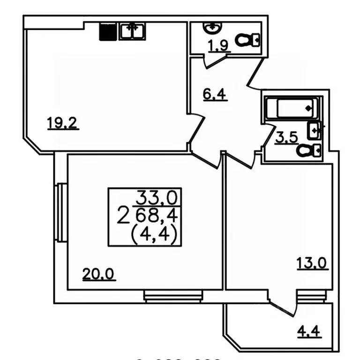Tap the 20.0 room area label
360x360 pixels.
[x=99, y=273]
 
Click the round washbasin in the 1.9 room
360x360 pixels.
[x=212, y=28]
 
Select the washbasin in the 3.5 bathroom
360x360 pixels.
[x=314, y=130]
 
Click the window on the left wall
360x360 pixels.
[x=60, y=213]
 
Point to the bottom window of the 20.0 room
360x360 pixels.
[x=173, y=296]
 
